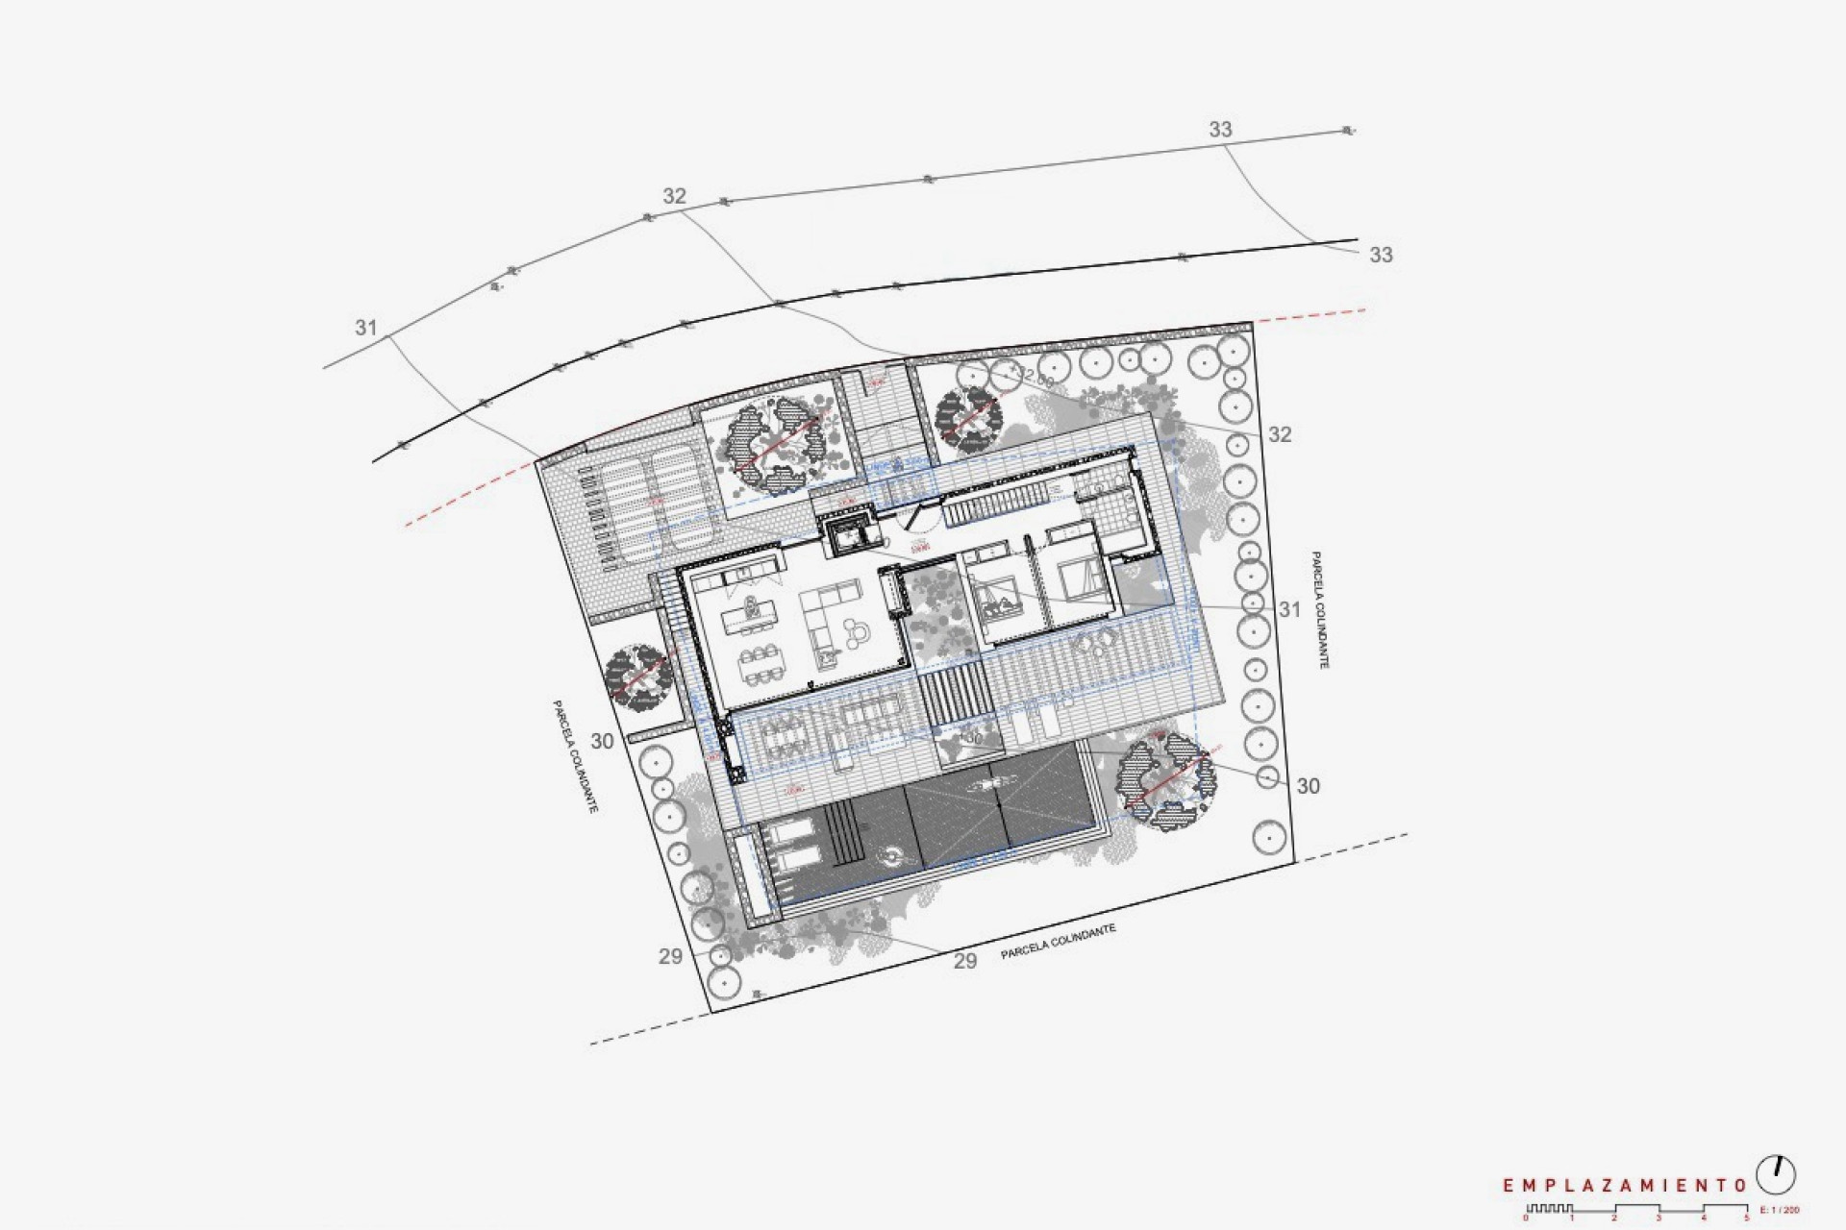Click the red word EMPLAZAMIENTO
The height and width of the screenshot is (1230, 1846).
point(1626,1186)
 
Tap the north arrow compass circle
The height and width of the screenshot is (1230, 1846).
point(1776,1174)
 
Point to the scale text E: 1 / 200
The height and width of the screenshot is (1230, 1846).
point(1779,1209)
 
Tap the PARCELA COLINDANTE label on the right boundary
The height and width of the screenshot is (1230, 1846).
point(1319,610)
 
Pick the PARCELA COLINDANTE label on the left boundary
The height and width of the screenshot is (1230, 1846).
point(575,757)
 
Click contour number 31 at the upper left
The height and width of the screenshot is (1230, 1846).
point(365,328)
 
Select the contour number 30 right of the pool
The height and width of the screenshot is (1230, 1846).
point(1308,786)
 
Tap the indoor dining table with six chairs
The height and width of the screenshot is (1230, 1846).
point(761,663)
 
